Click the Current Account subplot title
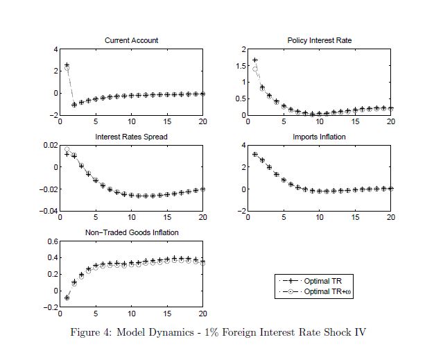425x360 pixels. click(131, 40)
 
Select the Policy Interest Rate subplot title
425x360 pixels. click(320, 40)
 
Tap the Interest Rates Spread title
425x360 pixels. click(131, 137)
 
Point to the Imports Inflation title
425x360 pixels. click(319, 137)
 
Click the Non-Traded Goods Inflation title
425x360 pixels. click(131, 232)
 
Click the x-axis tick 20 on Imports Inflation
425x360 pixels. click(390, 218)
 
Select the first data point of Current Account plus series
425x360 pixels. click(67, 65)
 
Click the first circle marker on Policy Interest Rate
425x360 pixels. click(255, 69)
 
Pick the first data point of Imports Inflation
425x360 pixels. click(255, 154)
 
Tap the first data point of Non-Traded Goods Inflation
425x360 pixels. click(67, 298)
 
